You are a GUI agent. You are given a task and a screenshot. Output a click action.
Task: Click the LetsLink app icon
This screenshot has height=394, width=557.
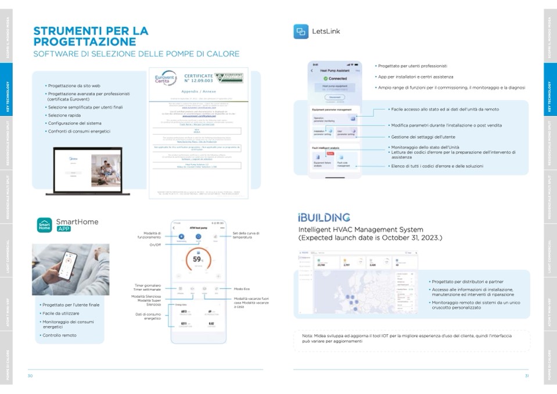(x=301, y=31)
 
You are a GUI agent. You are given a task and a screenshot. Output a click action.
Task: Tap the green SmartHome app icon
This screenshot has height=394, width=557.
(x=44, y=225)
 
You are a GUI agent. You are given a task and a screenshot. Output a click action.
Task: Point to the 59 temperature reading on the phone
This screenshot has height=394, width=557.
(x=197, y=259)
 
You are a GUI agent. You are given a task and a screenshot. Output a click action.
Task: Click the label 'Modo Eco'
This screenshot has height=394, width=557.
(x=242, y=289)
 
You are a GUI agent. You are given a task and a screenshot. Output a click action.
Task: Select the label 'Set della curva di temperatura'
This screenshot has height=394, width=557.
(x=246, y=235)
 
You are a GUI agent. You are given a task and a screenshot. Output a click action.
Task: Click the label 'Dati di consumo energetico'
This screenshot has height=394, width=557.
(x=148, y=316)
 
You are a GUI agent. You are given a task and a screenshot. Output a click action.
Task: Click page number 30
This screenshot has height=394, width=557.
(x=30, y=376)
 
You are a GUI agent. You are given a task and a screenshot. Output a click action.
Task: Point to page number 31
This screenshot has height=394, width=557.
(x=526, y=376)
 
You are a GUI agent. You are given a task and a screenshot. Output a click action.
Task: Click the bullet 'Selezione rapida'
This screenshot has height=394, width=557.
(x=64, y=115)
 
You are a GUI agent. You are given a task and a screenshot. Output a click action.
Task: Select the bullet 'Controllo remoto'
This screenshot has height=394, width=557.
(x=59, y=335)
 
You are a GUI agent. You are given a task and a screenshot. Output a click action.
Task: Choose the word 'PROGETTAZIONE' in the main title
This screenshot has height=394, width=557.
(x=85, y=42)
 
